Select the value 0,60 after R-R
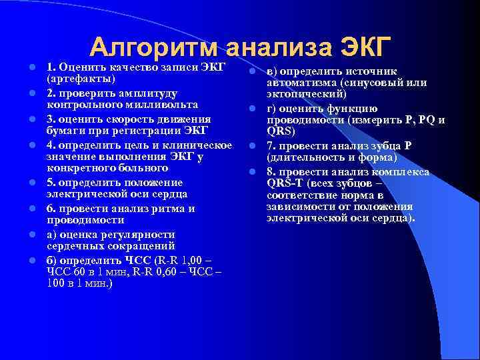point(172,272)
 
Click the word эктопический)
point(305,95)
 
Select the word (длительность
point(306,159)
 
